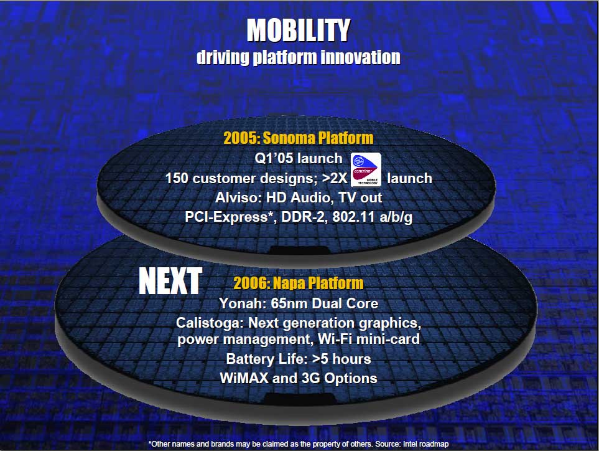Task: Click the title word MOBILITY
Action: pos(299,30)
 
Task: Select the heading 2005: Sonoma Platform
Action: pos(299,138)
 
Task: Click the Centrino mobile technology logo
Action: pos(366,169)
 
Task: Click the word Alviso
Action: pos(238,197)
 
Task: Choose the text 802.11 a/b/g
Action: pos(373,217)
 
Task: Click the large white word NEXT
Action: pos(170,281)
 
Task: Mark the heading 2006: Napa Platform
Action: pos(299,283)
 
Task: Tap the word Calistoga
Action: pos(210,323)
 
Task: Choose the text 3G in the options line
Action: pos(310,378)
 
